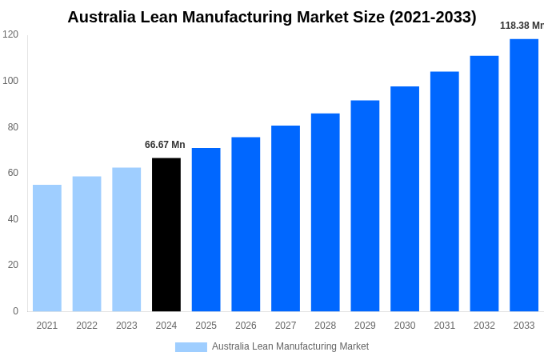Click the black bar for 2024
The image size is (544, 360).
click(x=166, y=234)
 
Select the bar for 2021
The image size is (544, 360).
click(x=47, y=248)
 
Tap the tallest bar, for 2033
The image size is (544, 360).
click(x=524, y=174)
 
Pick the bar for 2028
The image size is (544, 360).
click(x=326, y=212)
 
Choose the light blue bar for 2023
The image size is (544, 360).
click(x=126, y=239)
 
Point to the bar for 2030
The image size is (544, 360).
click(x=405, y=198)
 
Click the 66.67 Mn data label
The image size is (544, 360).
click(x=165, y=145)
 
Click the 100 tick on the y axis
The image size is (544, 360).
click(x=10, y=81)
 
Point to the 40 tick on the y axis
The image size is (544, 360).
click(x=13, y=219)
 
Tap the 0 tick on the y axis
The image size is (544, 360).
click(x=15, y=311)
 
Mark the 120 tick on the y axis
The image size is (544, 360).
click(x=10, y=34)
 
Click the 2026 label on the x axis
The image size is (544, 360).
click(x=246, y=326)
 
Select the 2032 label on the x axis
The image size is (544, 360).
click(x=484, y=326)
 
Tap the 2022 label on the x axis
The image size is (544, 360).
click(x=87, y=326)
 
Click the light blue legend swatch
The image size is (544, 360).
click(x=191, y=347)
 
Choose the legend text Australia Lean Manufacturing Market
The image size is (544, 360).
click(x=290, y=346)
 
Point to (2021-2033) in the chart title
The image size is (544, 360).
click(x=433, y=17)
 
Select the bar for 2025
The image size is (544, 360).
click(x=206, y=230)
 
